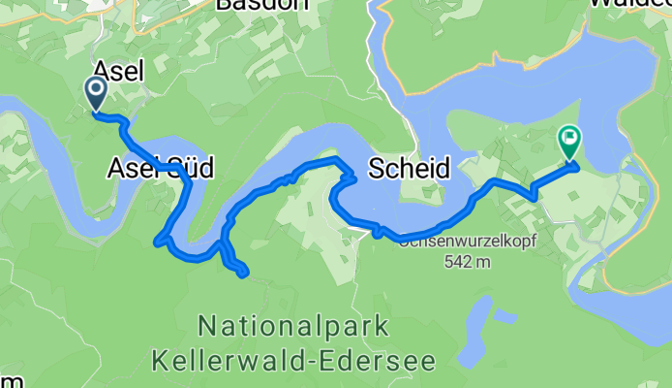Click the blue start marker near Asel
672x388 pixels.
[x=97, y=94]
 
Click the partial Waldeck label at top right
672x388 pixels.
[x=629, y=4]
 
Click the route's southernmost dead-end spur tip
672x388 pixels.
[x=244, y=275]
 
